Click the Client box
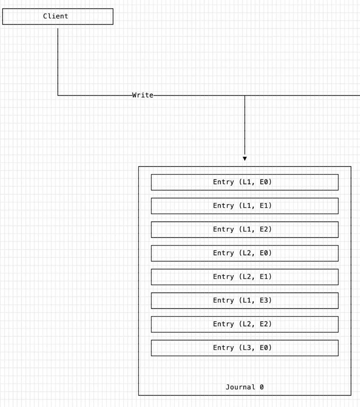58,17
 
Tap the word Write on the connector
143,95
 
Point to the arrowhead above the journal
244,159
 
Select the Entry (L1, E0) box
244,182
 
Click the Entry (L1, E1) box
244,206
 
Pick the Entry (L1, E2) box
244,230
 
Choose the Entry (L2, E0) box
244,253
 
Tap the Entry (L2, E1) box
244,277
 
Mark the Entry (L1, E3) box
244,301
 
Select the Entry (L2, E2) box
244,324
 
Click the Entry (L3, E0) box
244,348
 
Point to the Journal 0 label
244,387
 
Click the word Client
56,16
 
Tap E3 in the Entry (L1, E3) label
264,300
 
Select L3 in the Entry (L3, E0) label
247,347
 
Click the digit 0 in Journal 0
262,387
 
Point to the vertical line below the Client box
58,62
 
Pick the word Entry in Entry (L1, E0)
223,182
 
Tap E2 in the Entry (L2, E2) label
264,324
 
